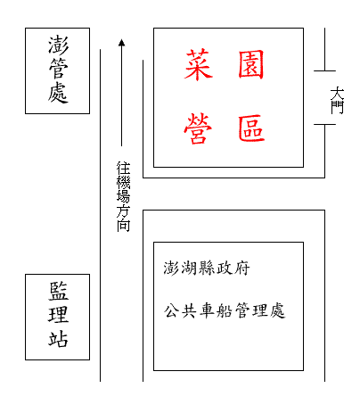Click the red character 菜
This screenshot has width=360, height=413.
coord(199,65)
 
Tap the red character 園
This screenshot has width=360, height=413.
coord(251,64)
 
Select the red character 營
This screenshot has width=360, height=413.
coord(198,128)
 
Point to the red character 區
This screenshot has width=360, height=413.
coord(251,128)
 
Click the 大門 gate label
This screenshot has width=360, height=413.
coord(337,100)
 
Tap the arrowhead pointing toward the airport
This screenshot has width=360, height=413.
coord(121,43)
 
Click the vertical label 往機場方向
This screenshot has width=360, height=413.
coord(123,196)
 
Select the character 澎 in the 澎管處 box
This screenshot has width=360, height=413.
coord(58,45)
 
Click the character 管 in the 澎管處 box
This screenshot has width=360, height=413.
coord(58,69)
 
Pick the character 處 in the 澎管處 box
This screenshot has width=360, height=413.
coord(58,93)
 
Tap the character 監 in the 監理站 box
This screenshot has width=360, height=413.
coord(58,291)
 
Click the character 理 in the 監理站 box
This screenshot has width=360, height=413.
coord(58,315)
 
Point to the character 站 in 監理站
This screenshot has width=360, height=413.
coord(58,338)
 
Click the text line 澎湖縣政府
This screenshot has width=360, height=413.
coord(207,268)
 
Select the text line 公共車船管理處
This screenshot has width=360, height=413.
coord(225,310)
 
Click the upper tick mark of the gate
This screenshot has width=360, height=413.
coord(324,71)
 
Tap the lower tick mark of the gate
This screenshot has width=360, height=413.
coord(324,124)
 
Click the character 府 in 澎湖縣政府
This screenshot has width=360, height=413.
coord(241,268)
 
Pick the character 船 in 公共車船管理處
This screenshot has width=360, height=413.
coord(225,310)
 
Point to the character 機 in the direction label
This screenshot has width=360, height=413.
coord(123,182)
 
